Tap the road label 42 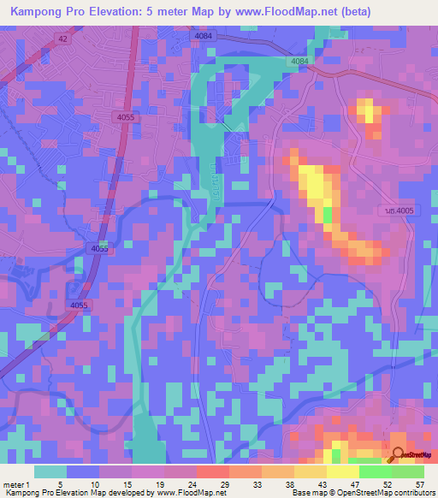[63, 39]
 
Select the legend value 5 [59, 484]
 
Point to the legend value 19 [162, 484]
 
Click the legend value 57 [419, 484]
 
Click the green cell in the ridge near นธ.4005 [327, 214]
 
